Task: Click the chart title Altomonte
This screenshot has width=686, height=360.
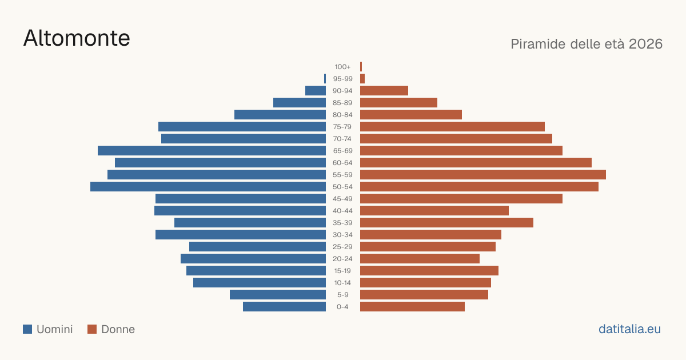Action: [77, 38]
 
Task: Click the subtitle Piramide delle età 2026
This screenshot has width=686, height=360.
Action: [587, 44]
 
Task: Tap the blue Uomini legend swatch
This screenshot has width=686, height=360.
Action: [27, 329]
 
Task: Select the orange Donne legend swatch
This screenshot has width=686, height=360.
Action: [92, 329]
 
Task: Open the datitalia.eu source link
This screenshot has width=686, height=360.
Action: [629, 329]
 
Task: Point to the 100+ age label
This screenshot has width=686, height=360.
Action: [342, 67]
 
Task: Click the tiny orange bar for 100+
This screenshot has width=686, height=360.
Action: [361, 67]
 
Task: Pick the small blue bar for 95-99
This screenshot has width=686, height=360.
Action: [325, 79]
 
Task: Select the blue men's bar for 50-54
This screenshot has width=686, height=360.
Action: [208, 187]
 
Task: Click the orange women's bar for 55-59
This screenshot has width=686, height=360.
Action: [483, 174]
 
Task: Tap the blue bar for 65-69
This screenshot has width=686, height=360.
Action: [212, 151]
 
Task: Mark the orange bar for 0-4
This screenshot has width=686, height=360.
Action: [412, 307]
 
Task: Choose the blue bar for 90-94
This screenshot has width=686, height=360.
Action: [316, 91]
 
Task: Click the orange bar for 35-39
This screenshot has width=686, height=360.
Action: [446, 222]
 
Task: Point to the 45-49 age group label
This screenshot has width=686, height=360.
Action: [342, 199]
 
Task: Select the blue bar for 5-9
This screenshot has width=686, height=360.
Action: [278, 294]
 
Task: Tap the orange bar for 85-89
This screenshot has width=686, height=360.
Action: [399, 102]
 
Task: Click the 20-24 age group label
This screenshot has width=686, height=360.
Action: [342, 259]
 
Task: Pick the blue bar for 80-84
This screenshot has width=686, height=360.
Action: [280, 114]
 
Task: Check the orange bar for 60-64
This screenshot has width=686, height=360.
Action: [476, 162]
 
